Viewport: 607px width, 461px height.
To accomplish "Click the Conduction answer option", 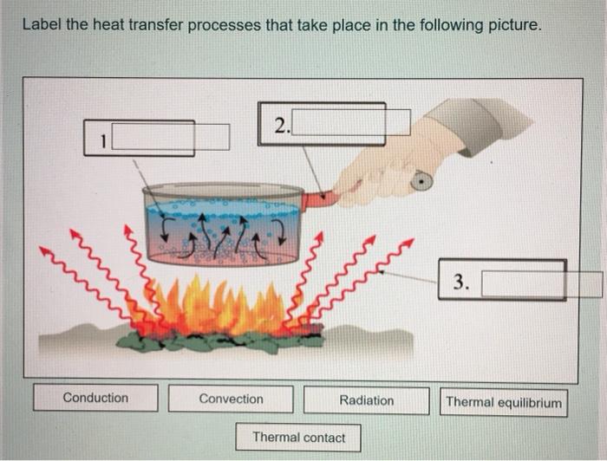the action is pos(95,398).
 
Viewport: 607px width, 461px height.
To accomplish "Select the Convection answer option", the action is pos(231,399).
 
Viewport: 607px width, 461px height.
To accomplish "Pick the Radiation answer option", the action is pos(367,400).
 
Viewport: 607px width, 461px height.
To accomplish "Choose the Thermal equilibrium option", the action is pos(504,403).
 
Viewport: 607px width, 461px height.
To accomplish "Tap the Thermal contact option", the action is pos(298,438).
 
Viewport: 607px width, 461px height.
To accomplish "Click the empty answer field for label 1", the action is pos(171,137).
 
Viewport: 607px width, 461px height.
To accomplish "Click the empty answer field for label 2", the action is pos(351,122).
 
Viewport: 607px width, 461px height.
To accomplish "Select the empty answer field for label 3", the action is pos(542,284).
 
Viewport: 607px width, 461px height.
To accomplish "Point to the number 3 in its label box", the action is pos(460,281).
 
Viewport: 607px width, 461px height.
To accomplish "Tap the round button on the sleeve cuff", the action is pos(421,180).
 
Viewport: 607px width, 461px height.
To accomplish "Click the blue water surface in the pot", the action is pos(223,210).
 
